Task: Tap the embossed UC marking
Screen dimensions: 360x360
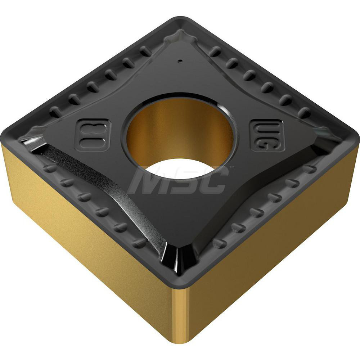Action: [x=267, y=135]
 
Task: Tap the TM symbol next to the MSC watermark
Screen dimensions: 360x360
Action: [x=232, y=167]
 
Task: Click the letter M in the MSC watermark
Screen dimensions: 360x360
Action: [x=146, y=182]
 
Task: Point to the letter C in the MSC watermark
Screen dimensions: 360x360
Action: [x=212, y=182]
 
